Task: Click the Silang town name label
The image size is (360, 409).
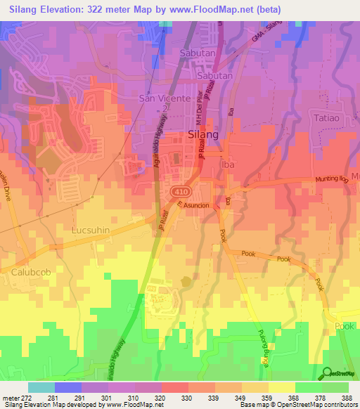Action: click(x=202, y=134)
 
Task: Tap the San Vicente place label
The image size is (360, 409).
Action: click(x=164, y=98)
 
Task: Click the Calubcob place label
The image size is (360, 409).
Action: click(x=29, y=270)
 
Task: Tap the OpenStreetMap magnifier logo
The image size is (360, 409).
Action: click(x=328, y=373)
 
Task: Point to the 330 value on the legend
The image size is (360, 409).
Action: click(x=188, y=398)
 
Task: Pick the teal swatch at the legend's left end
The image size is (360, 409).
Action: click(x=41, y=387)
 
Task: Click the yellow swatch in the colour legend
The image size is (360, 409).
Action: click(x=281, y=387)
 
